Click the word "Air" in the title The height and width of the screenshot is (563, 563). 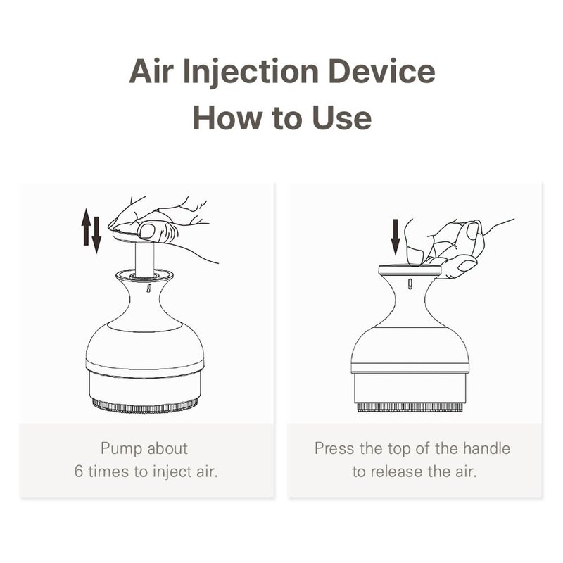[151, 71]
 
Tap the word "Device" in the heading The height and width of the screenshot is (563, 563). [381, 71]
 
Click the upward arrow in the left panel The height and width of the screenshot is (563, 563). [86, 227]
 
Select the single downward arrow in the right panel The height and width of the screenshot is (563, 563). [396, 237]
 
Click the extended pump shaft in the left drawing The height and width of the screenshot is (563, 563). [145, 259]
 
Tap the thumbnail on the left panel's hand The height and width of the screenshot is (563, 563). [147, 231]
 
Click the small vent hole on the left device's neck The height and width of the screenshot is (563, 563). [148, 289]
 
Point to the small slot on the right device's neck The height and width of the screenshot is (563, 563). [410, 284]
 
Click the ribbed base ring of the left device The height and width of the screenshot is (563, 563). [145, 406]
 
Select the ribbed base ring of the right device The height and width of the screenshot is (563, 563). [410, 407]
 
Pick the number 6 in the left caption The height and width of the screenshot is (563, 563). [79, 472]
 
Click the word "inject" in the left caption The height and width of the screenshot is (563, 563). [172, 472]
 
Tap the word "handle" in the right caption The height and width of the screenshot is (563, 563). [486, 448]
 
